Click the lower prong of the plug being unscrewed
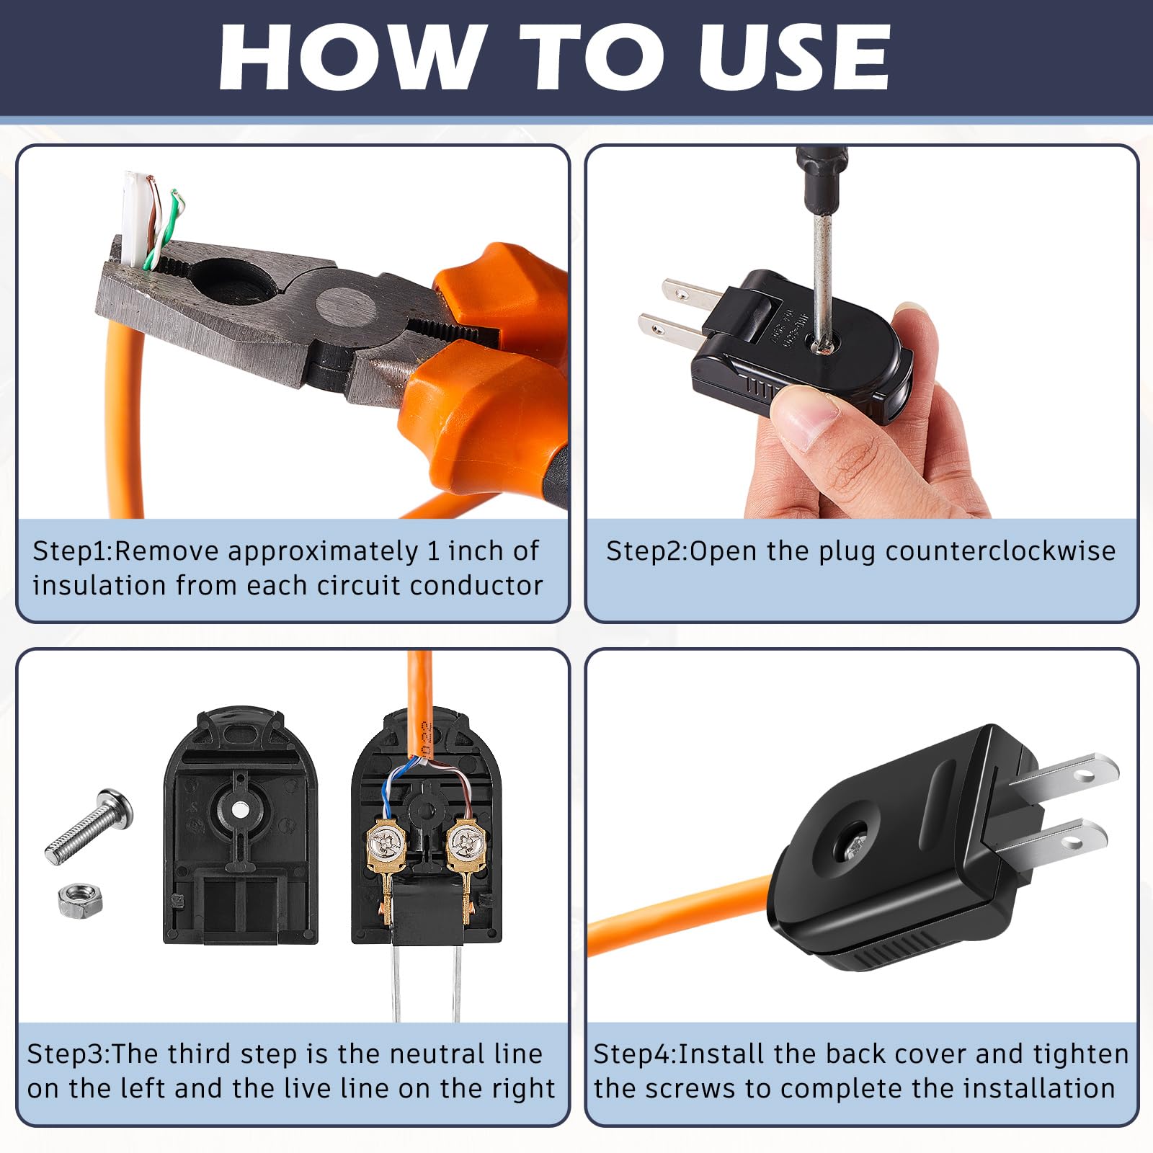coord(670,331)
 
